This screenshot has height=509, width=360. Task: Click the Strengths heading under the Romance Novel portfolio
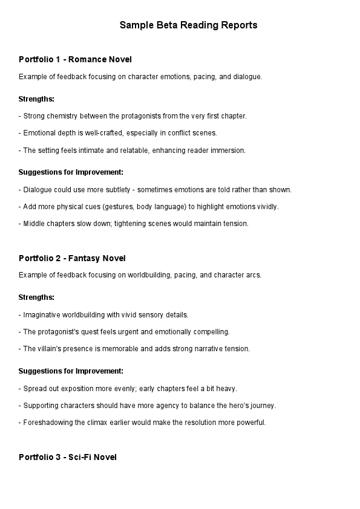pos(36,99)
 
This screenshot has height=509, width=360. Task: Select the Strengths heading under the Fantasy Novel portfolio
pos(36,297)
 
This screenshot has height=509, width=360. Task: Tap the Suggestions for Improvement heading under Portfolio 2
pos(71,371)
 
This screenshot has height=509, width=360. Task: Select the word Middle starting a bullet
pos(34,223)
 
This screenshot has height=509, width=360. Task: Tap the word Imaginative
pos(44,314)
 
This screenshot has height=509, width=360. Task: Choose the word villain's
pos(50,348)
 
